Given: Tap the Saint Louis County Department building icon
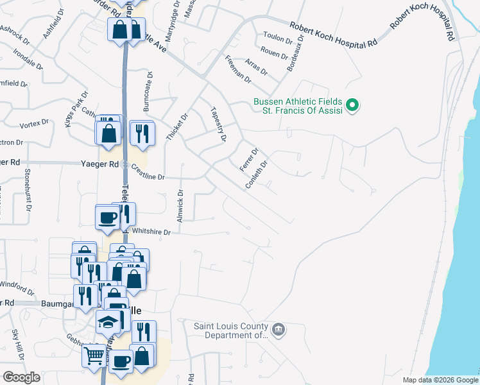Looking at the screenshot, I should tap(278, 330).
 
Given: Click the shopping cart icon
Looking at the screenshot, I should tap(94, 355).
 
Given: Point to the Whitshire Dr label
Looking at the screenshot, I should tap(151, 232).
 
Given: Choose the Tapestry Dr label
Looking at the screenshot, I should tap(219, 124).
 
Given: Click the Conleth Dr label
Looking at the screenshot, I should tap(255, 174).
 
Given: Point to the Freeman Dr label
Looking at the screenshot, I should tap(238, 67).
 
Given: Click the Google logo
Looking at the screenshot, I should tap(21, 377).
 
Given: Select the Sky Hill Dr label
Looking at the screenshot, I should tap(17, 343).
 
